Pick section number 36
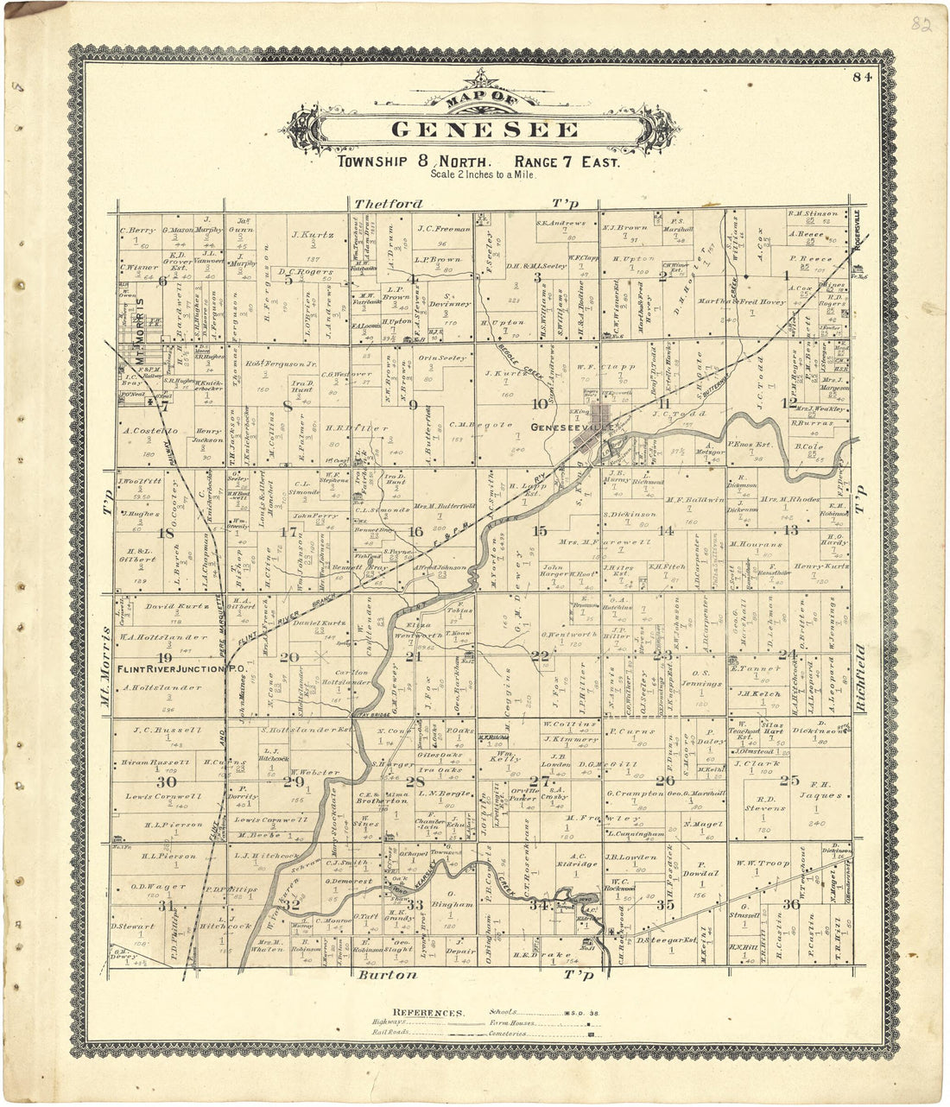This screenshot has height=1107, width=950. (790, 904)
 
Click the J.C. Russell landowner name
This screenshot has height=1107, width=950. (167, 731)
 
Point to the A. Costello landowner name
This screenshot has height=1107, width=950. (150, 430)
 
